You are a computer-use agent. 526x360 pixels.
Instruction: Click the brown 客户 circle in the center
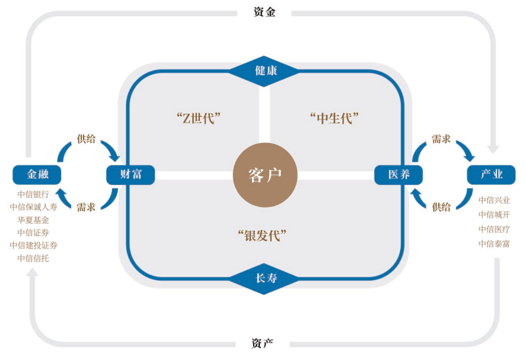[x=264, y=175]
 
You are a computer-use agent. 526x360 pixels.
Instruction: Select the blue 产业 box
[x=490, y=174]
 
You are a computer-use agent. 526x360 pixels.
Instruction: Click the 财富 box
[x=130, y=174]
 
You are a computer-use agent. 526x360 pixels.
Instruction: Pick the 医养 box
[x=398, y=174]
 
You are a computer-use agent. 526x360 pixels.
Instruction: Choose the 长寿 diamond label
[x=265, y=278]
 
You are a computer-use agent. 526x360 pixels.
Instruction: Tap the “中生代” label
[x=335, y=117]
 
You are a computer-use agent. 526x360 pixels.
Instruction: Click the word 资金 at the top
[x=264, y=11]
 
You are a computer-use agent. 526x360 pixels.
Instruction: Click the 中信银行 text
[x=33, y=193]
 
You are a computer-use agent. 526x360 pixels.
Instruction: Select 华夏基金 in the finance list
[x=33, y=219]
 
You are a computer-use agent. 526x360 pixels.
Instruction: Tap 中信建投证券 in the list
[x=33, y=245]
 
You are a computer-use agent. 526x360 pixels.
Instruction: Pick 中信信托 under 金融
[x=33, y=258]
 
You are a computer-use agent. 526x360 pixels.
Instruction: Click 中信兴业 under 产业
[x=494, y=200]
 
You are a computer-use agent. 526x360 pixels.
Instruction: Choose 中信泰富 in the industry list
[x=494, y=243]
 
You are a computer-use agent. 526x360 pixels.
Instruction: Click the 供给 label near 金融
[x=85, y=138]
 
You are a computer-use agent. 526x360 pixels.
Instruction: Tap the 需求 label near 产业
[x=441, y=138]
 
